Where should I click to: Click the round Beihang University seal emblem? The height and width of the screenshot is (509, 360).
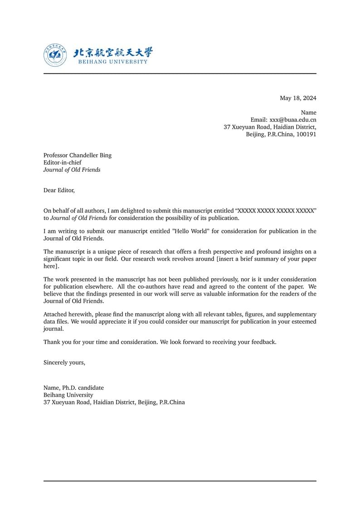[55, 55]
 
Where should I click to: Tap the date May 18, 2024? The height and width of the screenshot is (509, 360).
[298, 98]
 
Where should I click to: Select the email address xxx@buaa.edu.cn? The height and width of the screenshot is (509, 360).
[293, 120]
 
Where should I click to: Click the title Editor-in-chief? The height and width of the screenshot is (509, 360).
[63, 163]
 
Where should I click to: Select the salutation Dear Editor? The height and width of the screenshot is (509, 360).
[59, 190]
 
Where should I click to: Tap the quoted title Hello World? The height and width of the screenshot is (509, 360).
[190, 232]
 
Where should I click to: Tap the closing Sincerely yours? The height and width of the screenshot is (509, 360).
[64, 363]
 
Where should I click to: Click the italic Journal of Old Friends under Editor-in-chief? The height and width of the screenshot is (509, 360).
[72, 170]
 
